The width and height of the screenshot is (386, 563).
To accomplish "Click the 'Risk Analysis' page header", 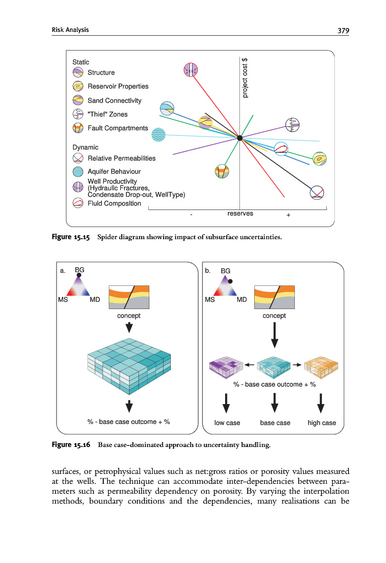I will (70, 30).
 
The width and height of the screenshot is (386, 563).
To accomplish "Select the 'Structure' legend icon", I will (78, 72).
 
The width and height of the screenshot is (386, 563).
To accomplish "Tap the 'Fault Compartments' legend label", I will (118, 128).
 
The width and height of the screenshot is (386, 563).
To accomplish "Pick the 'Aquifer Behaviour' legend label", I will (114, 172).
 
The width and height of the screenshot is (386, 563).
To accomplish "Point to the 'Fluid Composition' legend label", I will (114, 203).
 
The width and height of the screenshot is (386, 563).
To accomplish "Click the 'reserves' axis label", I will (240, 213).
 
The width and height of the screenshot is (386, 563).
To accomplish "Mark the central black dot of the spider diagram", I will (240, 138).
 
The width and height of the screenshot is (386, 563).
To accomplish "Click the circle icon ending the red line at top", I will (191, 69).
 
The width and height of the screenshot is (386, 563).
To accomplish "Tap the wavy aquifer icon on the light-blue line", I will (159, 135).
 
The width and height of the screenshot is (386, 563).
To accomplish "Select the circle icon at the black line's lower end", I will (317, 192).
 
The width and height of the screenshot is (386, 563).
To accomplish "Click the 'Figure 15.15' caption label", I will (71, 238).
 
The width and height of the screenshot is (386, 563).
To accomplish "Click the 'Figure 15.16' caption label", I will (71, 444).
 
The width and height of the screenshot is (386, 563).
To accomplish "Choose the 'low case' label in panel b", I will (227, 423).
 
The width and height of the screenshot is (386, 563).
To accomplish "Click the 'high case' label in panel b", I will (322, 423).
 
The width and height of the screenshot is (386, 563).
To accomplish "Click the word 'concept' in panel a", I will (128, 316).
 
